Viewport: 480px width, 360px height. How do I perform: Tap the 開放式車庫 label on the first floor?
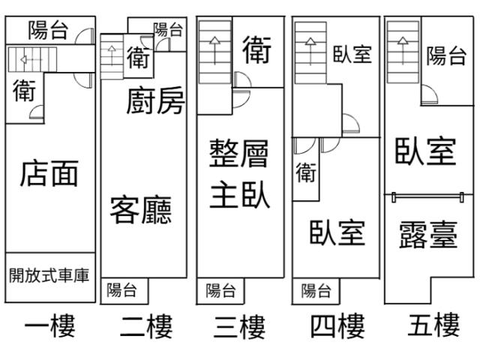[49, 275]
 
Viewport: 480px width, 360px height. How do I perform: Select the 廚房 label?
[155, 101]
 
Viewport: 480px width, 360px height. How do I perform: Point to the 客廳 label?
[141, 209]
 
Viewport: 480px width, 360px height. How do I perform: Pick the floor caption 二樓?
[146, 326]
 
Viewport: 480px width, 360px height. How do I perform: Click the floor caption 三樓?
[240, 326]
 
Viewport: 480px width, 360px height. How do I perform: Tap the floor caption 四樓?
[336, 326]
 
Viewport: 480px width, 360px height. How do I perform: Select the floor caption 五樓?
[433, 326]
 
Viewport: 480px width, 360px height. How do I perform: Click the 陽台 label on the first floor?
[49, 31]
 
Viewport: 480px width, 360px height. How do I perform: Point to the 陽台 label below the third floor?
[220, 290]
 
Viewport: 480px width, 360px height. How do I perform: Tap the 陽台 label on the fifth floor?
[446, 56]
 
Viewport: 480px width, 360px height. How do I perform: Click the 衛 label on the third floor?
[257, 50]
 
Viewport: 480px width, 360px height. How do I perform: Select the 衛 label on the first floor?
[25, 91]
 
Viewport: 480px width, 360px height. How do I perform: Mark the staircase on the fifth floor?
[403, 50]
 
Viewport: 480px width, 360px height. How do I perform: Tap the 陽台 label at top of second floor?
[168, 30]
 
